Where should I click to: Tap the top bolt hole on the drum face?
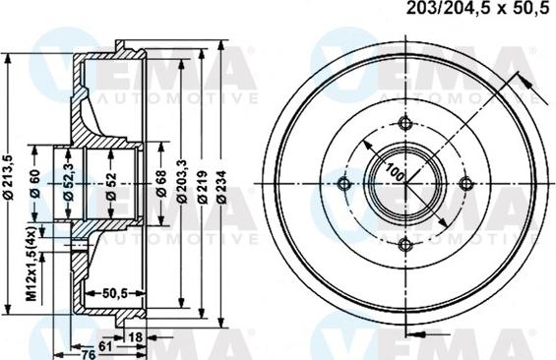404,122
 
